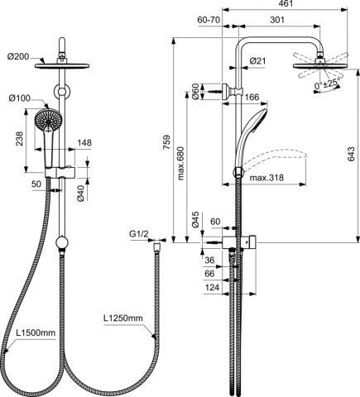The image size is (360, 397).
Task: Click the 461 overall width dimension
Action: tap(285, 3)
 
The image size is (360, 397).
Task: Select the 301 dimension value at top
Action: tap(277, 20)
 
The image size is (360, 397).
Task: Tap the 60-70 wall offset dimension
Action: tap(209, 20)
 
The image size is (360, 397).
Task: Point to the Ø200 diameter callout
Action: tap(18, 57)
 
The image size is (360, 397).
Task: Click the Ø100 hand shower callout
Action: tap(19, 98)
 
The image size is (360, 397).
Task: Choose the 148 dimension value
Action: tap(84, 143)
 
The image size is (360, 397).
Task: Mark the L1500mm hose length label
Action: tap(36, 332)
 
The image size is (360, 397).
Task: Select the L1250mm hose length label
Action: tap(123, 318)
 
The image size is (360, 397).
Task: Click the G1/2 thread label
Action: tap(139, 234)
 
